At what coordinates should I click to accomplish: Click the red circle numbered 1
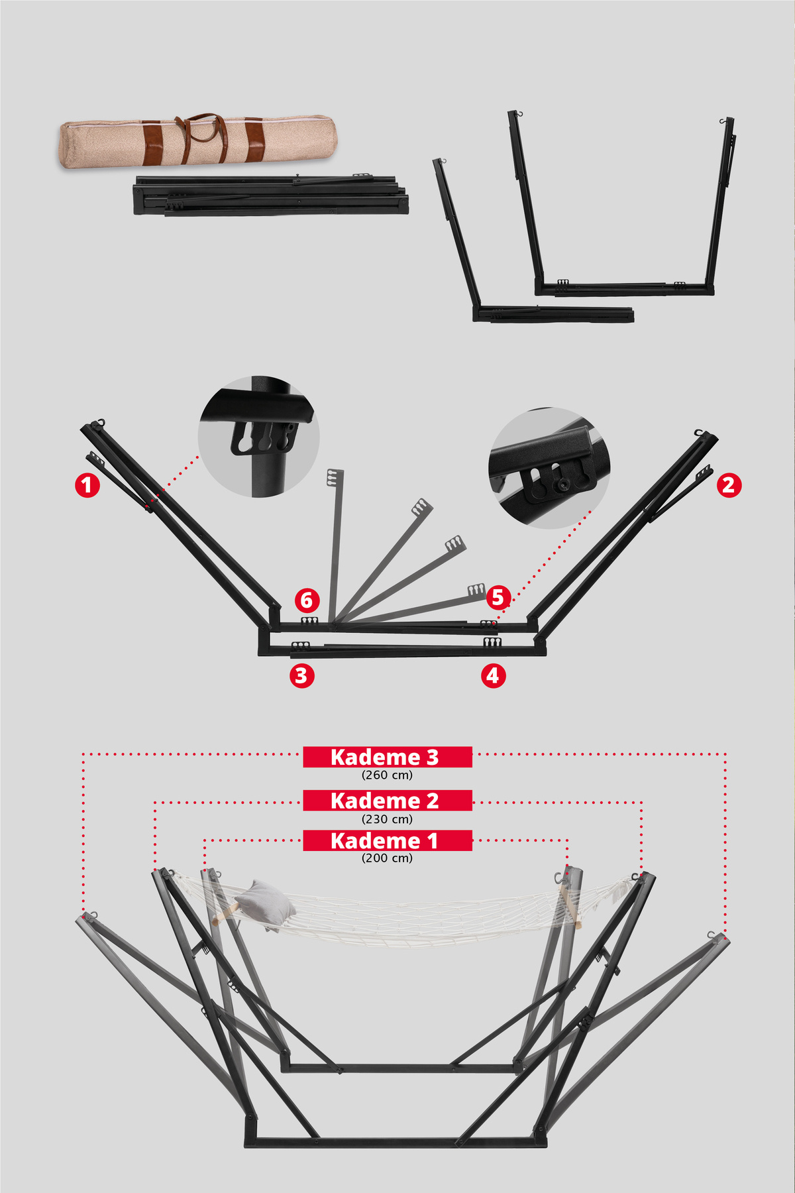pyautogui.click(x=87, y=485)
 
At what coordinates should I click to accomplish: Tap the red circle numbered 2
pyautogui.click(x=729, y=485)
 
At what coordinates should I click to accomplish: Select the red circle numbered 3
pyautogui.click(x=301, y=675)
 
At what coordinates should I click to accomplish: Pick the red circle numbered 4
pyautogui.click(x=493, y=675)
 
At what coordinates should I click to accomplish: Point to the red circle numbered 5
pyautogui.click(x=498, y=597)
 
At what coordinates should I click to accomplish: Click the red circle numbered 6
pyautogui.click(x=307, y=600)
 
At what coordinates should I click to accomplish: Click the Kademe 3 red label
pyautogui.click(x=388, y=757)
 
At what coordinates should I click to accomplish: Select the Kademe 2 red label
pyautogui.click(x=388, y=801)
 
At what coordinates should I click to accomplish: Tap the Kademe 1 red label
pyautogui.click(x=388, y=840)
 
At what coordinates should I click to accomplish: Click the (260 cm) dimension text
pyautogui.click(x=388, y=775)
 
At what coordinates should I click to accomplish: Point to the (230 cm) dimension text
pyautogui.click(x=388, y=819)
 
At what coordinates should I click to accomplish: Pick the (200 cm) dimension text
pyautogui.click(x=388, y=858)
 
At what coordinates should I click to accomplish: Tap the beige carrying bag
pyautogui.click(x=197, y=141)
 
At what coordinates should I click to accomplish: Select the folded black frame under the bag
pyautogui.click(x=270, y=195)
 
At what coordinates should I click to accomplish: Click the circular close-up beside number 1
pyautogui.click(x=259, y=436)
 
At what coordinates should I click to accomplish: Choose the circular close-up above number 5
pyautogui.click(x=549, y=468)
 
